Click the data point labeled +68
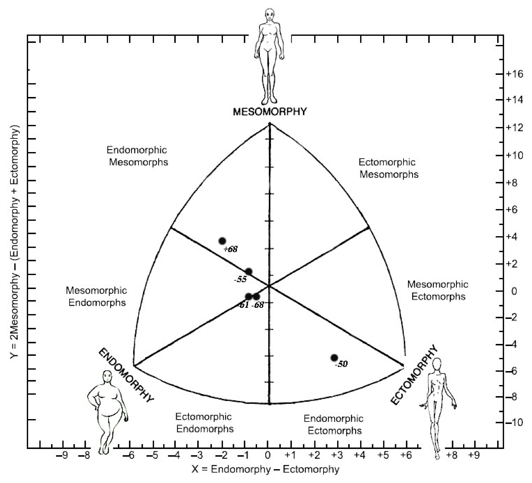click(x=222, y=241)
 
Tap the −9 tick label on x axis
click(x=63, y=456)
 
